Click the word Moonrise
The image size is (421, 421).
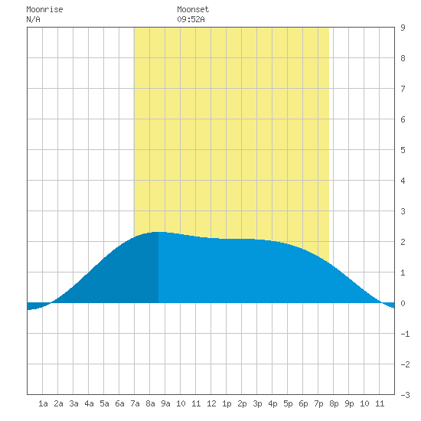point(44,9)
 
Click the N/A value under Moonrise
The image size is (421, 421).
point(33,19)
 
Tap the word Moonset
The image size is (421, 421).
point(193,9)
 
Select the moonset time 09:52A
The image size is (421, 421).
point(191,19)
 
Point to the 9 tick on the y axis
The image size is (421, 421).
point(403,28)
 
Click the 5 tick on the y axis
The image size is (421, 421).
point(403,150)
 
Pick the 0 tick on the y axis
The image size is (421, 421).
point(403,303)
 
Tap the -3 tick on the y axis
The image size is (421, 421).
point(405,395)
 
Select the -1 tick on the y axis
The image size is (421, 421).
point(405,334)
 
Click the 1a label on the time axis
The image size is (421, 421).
point(43,403)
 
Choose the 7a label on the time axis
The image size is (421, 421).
point(135,403)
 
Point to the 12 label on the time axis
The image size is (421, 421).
point(211,403)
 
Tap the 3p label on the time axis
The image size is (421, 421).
point(257,403)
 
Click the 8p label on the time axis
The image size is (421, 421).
point(334,403)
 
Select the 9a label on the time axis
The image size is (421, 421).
point(165,403)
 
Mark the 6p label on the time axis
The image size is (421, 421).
point(303,403)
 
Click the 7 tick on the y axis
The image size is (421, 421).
point(403,89)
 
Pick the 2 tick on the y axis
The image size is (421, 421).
point(403,242)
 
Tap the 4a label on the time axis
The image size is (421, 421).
point(89,403)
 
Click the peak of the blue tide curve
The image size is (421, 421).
point(158,232)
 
